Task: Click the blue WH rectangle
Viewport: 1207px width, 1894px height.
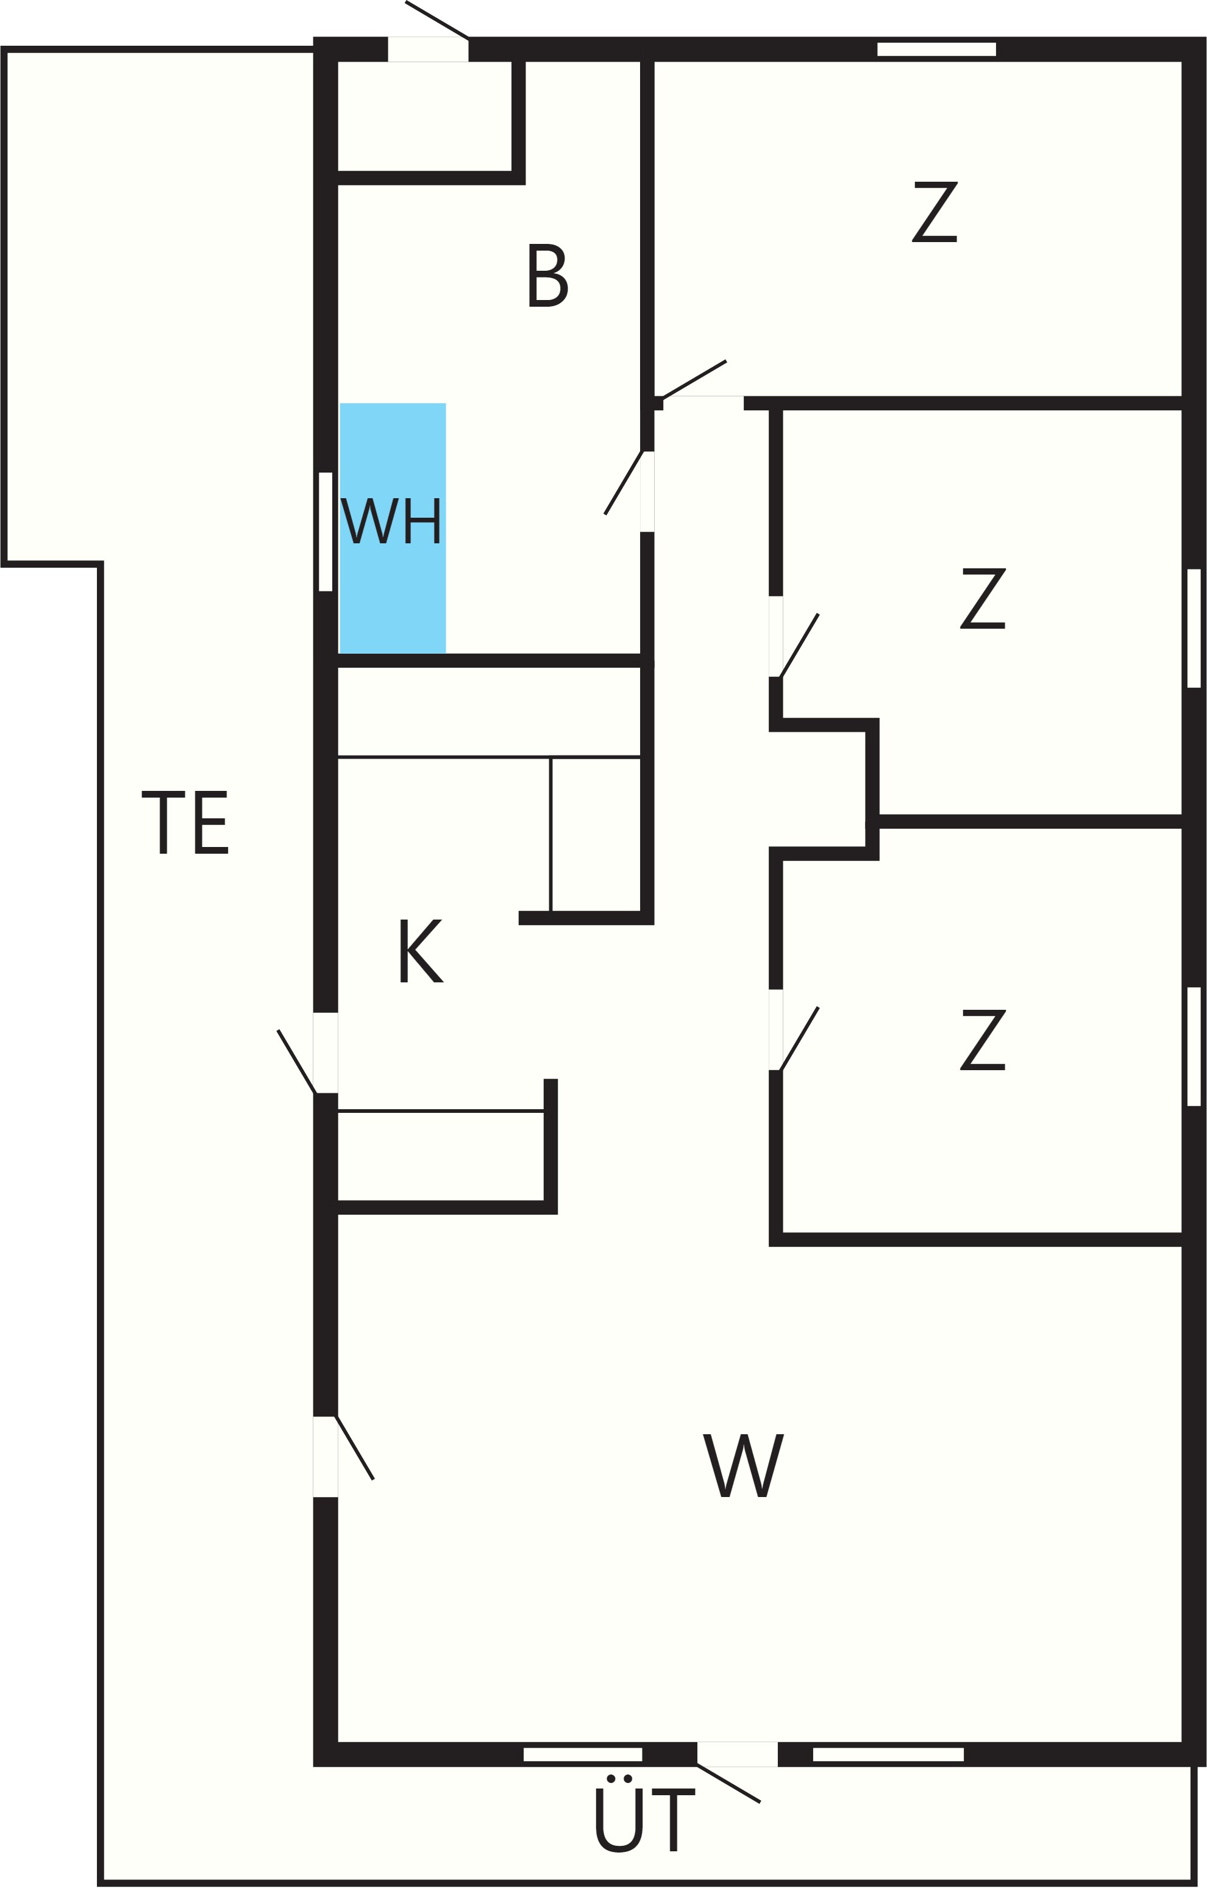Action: (x=393, y=528)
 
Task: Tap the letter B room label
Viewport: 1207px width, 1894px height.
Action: (x=548, y=275)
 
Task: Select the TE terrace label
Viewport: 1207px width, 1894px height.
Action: (x=185, y=822)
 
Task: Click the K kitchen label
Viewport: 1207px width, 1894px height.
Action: (x=421, y=950)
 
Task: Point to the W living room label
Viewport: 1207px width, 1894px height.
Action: (x=743, y=1465)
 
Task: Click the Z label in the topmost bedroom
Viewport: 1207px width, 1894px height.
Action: (x=935, y=212)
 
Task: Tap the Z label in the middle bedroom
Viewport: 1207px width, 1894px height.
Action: (x=983, y=599)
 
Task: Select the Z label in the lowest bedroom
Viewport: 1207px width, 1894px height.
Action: (x=983, y=1040)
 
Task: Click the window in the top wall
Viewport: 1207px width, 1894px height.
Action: (x=936, y=49)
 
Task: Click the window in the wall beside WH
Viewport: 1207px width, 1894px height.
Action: (x=326, y=531)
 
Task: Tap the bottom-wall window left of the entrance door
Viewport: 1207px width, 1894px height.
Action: (x=583, y=1754)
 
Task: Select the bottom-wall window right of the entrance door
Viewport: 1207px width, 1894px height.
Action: (x=889, y=1754)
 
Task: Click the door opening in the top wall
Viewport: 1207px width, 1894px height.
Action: (x=429, y=49)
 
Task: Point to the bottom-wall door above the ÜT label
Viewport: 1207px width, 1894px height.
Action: (x=738, y=1754)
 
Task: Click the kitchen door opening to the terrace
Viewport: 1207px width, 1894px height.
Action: (x=326, y=1052)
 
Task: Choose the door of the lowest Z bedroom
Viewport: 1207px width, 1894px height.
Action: (x=776, y=1029)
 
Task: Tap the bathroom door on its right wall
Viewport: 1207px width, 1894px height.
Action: (x=647, y=491)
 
